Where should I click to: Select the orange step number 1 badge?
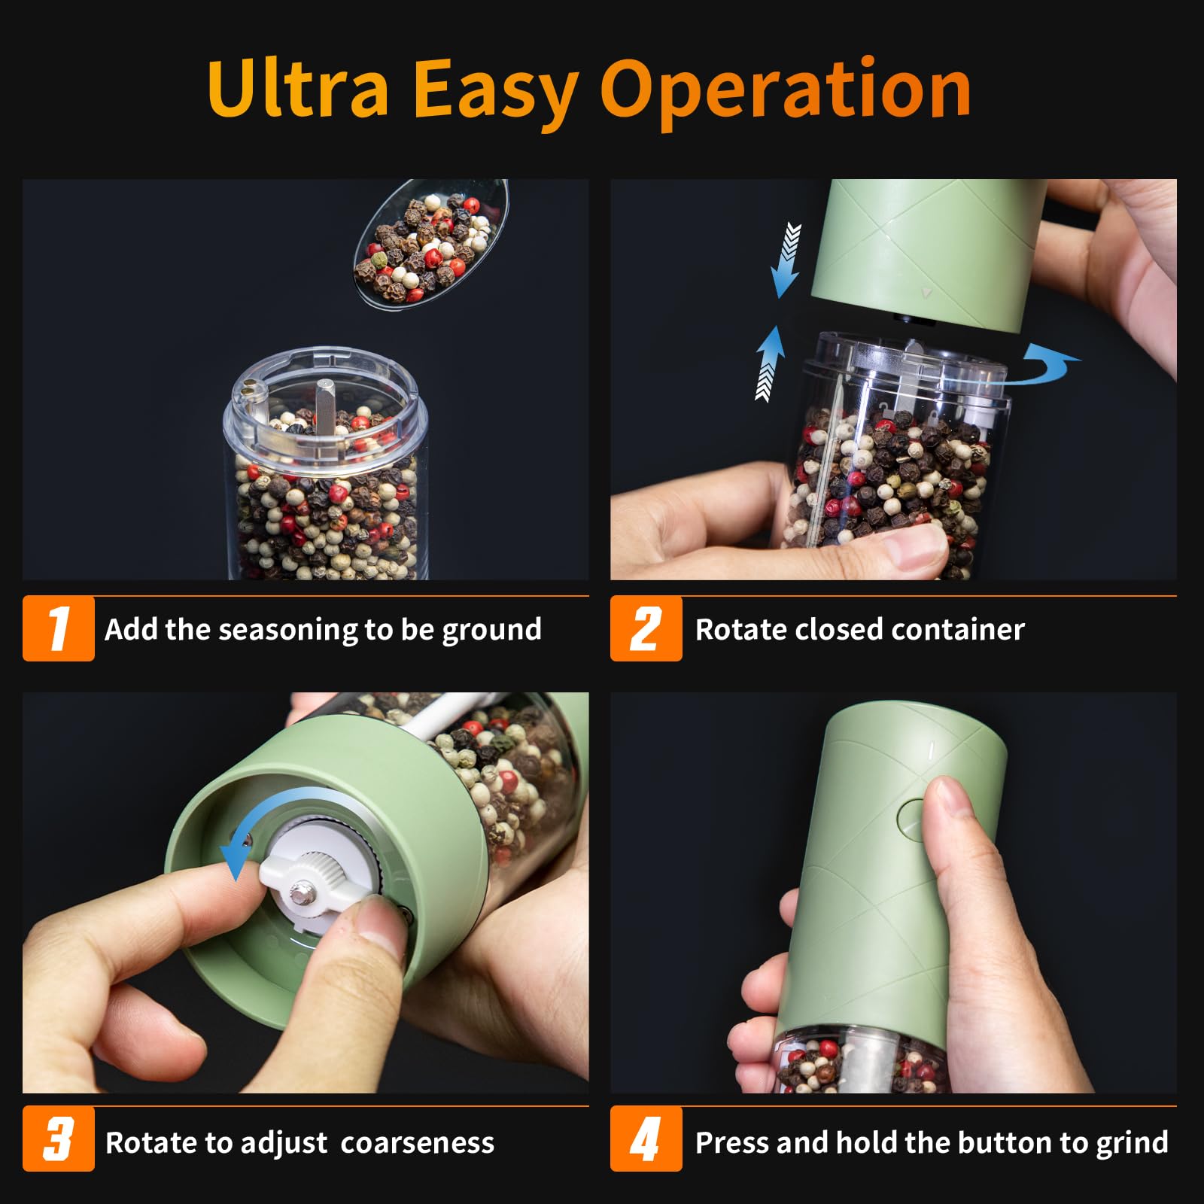click(x=59, y=628)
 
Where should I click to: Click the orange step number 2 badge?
click(x=646, y=628)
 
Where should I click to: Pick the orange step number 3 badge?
click(x=59, y=1139)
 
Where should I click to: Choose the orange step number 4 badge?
click(x=646, y=1139)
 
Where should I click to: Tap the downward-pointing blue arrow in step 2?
click(x=786, y=260)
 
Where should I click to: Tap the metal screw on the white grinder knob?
click(x=303, y=893)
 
